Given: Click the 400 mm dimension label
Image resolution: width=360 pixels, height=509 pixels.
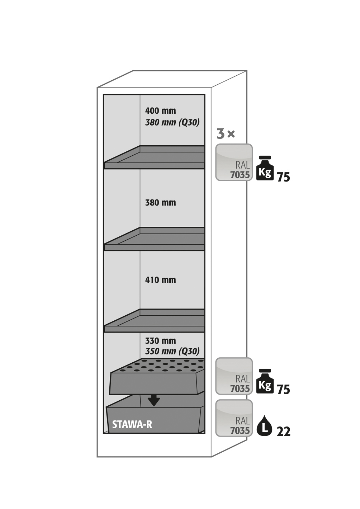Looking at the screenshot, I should click(x=160, y=111).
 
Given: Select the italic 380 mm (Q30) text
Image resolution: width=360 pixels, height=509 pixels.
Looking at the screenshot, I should click(x=172, y=122).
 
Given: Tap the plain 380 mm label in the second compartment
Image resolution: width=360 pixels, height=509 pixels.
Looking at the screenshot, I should click(x=160, y=203).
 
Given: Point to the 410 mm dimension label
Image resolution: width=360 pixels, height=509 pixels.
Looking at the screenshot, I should click(x=160, y=280).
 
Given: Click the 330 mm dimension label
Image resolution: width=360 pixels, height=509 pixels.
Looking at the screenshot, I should click(x=160, y=341).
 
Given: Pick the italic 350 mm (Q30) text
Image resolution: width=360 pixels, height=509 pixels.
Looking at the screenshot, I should click(x=172, y=351).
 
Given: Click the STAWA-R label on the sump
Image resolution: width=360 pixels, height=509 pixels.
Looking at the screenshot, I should click(x=132, y=425).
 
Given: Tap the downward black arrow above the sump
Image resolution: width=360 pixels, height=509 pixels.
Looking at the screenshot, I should click(x=154, y=400).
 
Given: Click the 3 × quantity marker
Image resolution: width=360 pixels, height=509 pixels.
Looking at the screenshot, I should click(x=226, y=134).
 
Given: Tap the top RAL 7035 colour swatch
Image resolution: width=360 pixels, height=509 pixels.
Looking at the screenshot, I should click(x=234, y=162).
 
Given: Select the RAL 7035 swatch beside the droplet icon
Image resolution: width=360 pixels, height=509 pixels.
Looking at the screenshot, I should click(x=234, y=418).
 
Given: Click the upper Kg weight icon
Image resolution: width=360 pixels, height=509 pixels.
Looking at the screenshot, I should click(x=265, y=169).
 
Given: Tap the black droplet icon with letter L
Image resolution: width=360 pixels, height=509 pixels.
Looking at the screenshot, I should click(x=264, y=426).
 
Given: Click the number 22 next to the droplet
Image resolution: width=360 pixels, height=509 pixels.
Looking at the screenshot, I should click(x=283, y=432).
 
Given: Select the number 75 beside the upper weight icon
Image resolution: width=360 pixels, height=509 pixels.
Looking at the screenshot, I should click(x=283, y=177).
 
